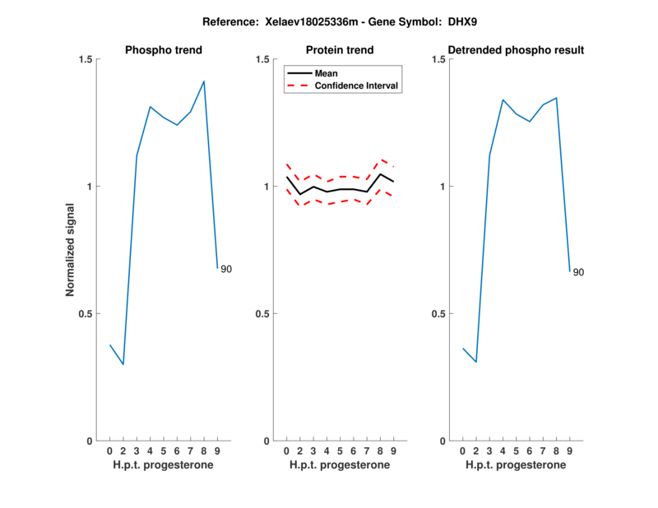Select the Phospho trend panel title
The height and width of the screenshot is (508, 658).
point(163,50)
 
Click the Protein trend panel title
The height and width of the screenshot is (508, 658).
point(340,50)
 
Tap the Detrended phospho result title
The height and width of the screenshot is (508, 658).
point(516,50)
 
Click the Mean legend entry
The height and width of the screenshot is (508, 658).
point(327,73)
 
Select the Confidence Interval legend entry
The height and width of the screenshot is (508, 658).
point(357,85)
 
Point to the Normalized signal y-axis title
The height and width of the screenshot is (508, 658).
point(71,250)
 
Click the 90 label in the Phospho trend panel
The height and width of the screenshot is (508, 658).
point(226,270)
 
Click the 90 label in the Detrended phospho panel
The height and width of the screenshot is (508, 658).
point(578,272)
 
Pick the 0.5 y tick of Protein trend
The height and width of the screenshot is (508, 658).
point(262,314)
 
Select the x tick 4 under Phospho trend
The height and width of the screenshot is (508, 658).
point(150,450)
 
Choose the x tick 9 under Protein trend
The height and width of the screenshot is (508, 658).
point(394,450)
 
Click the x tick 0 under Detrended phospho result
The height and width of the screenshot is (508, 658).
point(462,450)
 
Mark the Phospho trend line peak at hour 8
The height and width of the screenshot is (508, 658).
point(204,81)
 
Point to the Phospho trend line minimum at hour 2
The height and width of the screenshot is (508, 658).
point(123,364)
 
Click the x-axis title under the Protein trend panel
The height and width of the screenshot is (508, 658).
point(340,464)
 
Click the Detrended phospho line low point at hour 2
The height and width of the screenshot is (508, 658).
point(475,362)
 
